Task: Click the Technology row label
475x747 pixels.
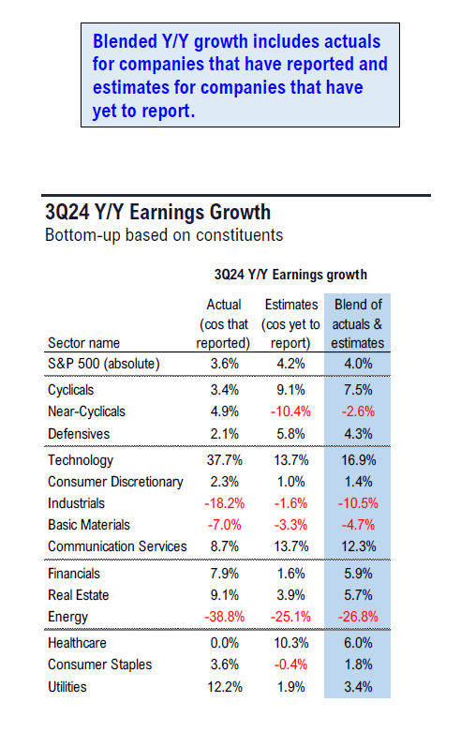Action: click(81, 460)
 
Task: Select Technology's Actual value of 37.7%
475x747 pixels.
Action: click(225, 460)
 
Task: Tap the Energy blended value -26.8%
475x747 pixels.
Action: click(358, 617)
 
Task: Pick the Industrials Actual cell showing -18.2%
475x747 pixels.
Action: click(225, 503)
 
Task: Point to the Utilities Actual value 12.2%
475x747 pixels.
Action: click(225, 687)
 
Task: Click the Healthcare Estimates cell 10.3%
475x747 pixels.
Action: click(291, 643)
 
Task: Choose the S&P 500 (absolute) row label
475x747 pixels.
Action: click(104, 364)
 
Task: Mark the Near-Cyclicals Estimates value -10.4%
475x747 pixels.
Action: click(290, 411)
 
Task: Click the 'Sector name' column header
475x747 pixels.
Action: click(84, 343)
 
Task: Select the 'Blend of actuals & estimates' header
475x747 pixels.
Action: click(358, 323)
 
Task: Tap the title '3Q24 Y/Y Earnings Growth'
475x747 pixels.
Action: click(157, 212)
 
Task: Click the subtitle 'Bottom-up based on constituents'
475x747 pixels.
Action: click(164, 235)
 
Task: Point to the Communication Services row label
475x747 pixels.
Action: click(117, 546)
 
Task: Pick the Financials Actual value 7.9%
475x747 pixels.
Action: click(225, 574)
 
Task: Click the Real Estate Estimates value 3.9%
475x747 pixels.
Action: click(291, 595)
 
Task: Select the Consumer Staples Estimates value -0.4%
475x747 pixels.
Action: click(290, 665)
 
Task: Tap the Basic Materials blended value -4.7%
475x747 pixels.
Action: click(358, 525)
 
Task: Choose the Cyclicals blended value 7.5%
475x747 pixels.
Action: click(358, 390)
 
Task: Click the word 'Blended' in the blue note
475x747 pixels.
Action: click(125, 41)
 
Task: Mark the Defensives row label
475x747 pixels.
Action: click(79, 434)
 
